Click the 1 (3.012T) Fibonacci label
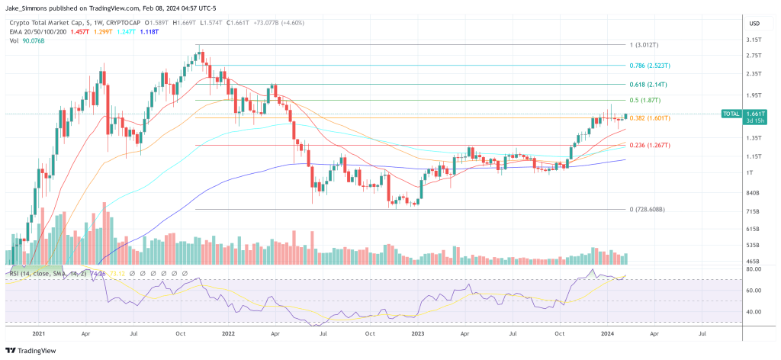tap(644, 45)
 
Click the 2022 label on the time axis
tap(228, 333)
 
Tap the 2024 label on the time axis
tap(609, 333)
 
